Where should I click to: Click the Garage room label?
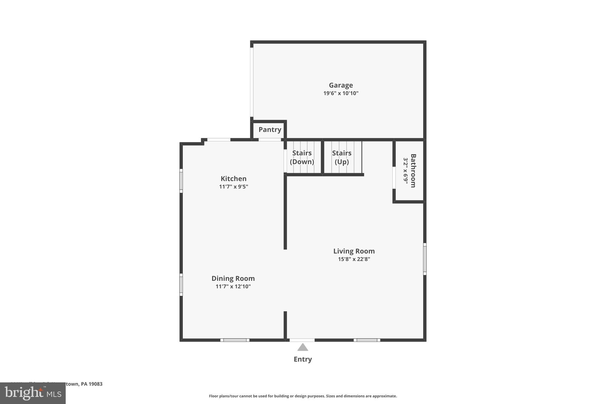click(341, 85)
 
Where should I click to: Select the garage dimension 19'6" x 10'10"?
click(341, 93)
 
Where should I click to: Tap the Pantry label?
click(270, 130)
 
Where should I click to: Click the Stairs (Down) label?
click(302, 157)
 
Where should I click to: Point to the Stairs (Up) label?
click(341, 157)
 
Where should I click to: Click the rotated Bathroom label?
click(413, 171)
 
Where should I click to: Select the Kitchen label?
click(233, 179)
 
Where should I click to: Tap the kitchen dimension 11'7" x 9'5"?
click(233, 187)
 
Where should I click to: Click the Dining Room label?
click(233, 279)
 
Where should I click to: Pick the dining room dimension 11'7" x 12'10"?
click(233, 286)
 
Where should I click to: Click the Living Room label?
click(354, 251)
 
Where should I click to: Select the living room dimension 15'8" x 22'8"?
click(354, 259)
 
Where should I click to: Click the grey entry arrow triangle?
click(302, 347)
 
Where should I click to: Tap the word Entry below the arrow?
click(302, 359)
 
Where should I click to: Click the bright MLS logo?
click(33, 393)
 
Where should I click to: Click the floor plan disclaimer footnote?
click(303, 396)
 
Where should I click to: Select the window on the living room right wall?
click(425, 259)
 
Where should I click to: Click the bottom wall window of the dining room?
click(235, 340)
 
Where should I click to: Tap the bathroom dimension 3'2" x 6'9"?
click(406, 171)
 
